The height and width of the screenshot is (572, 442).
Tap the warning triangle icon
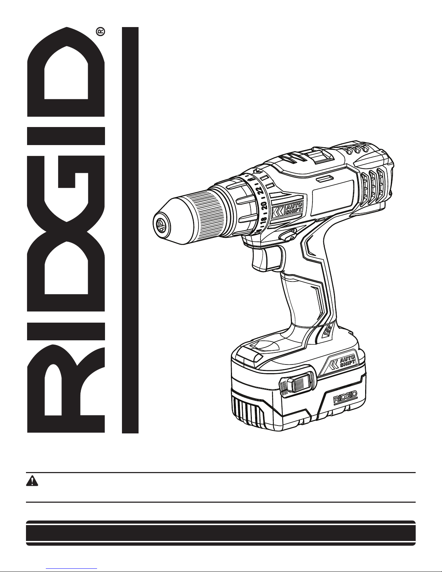click(x=32, y=481)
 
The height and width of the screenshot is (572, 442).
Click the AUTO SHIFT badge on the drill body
click(x=288, y=209)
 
